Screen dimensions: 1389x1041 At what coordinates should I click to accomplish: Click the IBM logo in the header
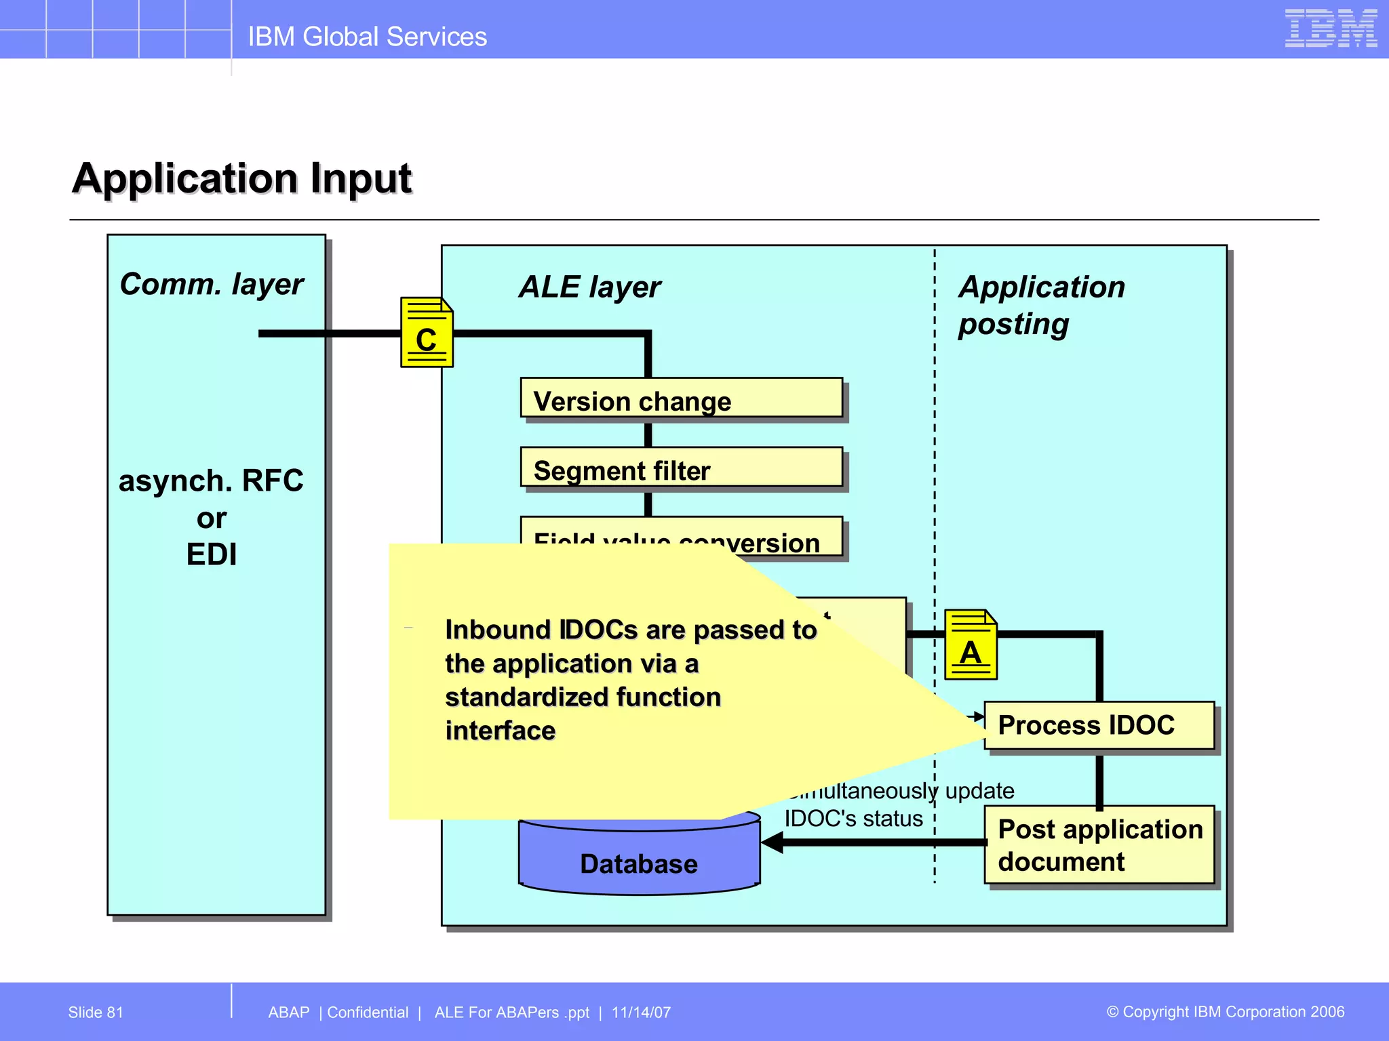[1330, 28]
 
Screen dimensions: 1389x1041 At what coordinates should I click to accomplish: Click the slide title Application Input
[242, 178]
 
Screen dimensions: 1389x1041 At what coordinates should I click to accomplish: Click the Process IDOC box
[1099, 725]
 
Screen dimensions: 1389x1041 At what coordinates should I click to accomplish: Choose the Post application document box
[1099, 844]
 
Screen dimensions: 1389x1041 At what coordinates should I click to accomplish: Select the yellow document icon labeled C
[426, 333]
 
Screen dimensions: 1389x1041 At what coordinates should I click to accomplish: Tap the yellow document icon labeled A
[970, 645]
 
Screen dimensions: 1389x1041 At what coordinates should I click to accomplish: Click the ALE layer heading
[589, 287]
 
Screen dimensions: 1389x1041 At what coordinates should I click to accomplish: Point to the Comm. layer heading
[212, 284]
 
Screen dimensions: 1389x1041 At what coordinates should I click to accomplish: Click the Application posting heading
[1041, 305]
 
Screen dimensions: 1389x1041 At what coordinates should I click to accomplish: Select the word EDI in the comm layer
[212, 555]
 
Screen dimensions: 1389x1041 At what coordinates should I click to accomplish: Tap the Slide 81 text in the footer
[96, 1013]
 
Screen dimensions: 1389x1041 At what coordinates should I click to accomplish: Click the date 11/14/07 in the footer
[641, 1013]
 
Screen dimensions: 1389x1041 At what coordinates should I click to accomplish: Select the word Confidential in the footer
[368, 1013]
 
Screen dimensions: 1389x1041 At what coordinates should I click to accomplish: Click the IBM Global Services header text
[367, 37]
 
